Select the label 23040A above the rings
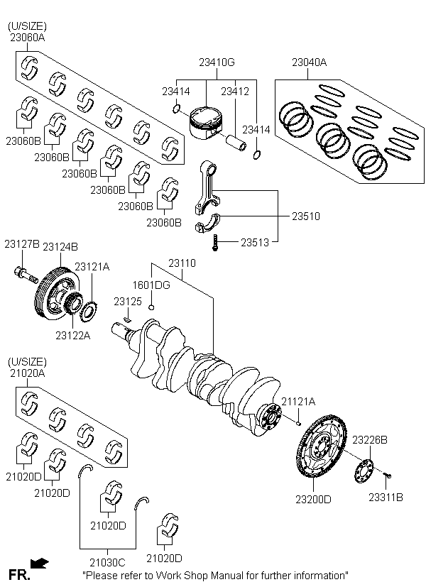click(x=309, y=62)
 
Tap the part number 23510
click(x=305, y=216)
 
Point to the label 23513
click(x=254, y=242)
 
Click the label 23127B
click(x=21, y=245)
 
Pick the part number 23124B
click(x=60, y=246)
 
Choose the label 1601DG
click(x=151, y=285)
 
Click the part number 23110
click(x=182, y=263)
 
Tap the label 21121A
click(x=298, y=402)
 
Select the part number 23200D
click(x=313, y=499)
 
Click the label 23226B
click(x=369, y=440)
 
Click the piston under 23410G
click(x=207, y=123)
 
